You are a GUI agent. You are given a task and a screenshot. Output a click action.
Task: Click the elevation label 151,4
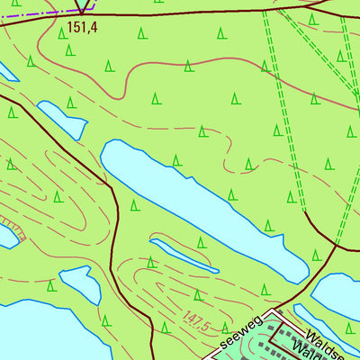click(81, 29)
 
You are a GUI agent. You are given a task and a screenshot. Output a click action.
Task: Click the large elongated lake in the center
click(198, 202)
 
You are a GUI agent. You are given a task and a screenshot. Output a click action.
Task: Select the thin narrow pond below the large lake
click(184, 255)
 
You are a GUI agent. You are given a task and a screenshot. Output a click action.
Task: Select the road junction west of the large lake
click(111, 185)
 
